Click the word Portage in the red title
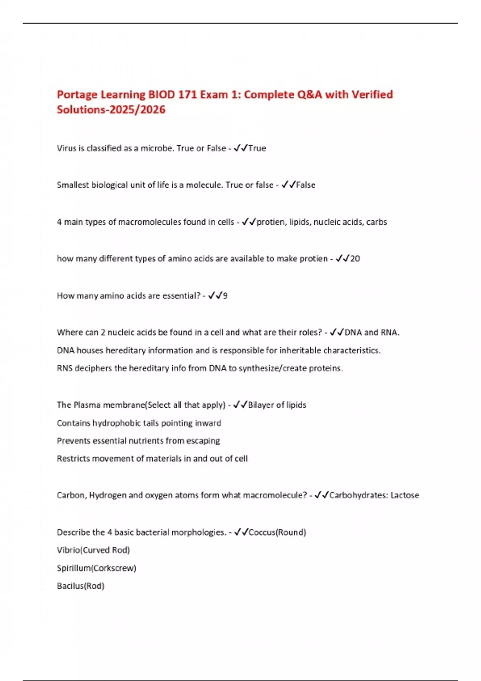coord(77,95)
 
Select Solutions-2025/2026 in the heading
coord(111,110)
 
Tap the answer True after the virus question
coord(257,148)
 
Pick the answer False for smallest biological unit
coord(305,185)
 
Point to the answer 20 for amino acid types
coord(355,259)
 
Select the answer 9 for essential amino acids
coord(225,296)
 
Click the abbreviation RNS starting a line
coord(65,368)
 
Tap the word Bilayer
coord(261,405)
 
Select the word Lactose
coord(405,496)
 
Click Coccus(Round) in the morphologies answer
coord(277,532)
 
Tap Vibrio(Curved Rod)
coord(93,550)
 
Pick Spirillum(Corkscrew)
coord(97,568)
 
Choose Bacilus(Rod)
coord(81,586)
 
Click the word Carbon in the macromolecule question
coord(70,496)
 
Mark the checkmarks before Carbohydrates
coord(321,496)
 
